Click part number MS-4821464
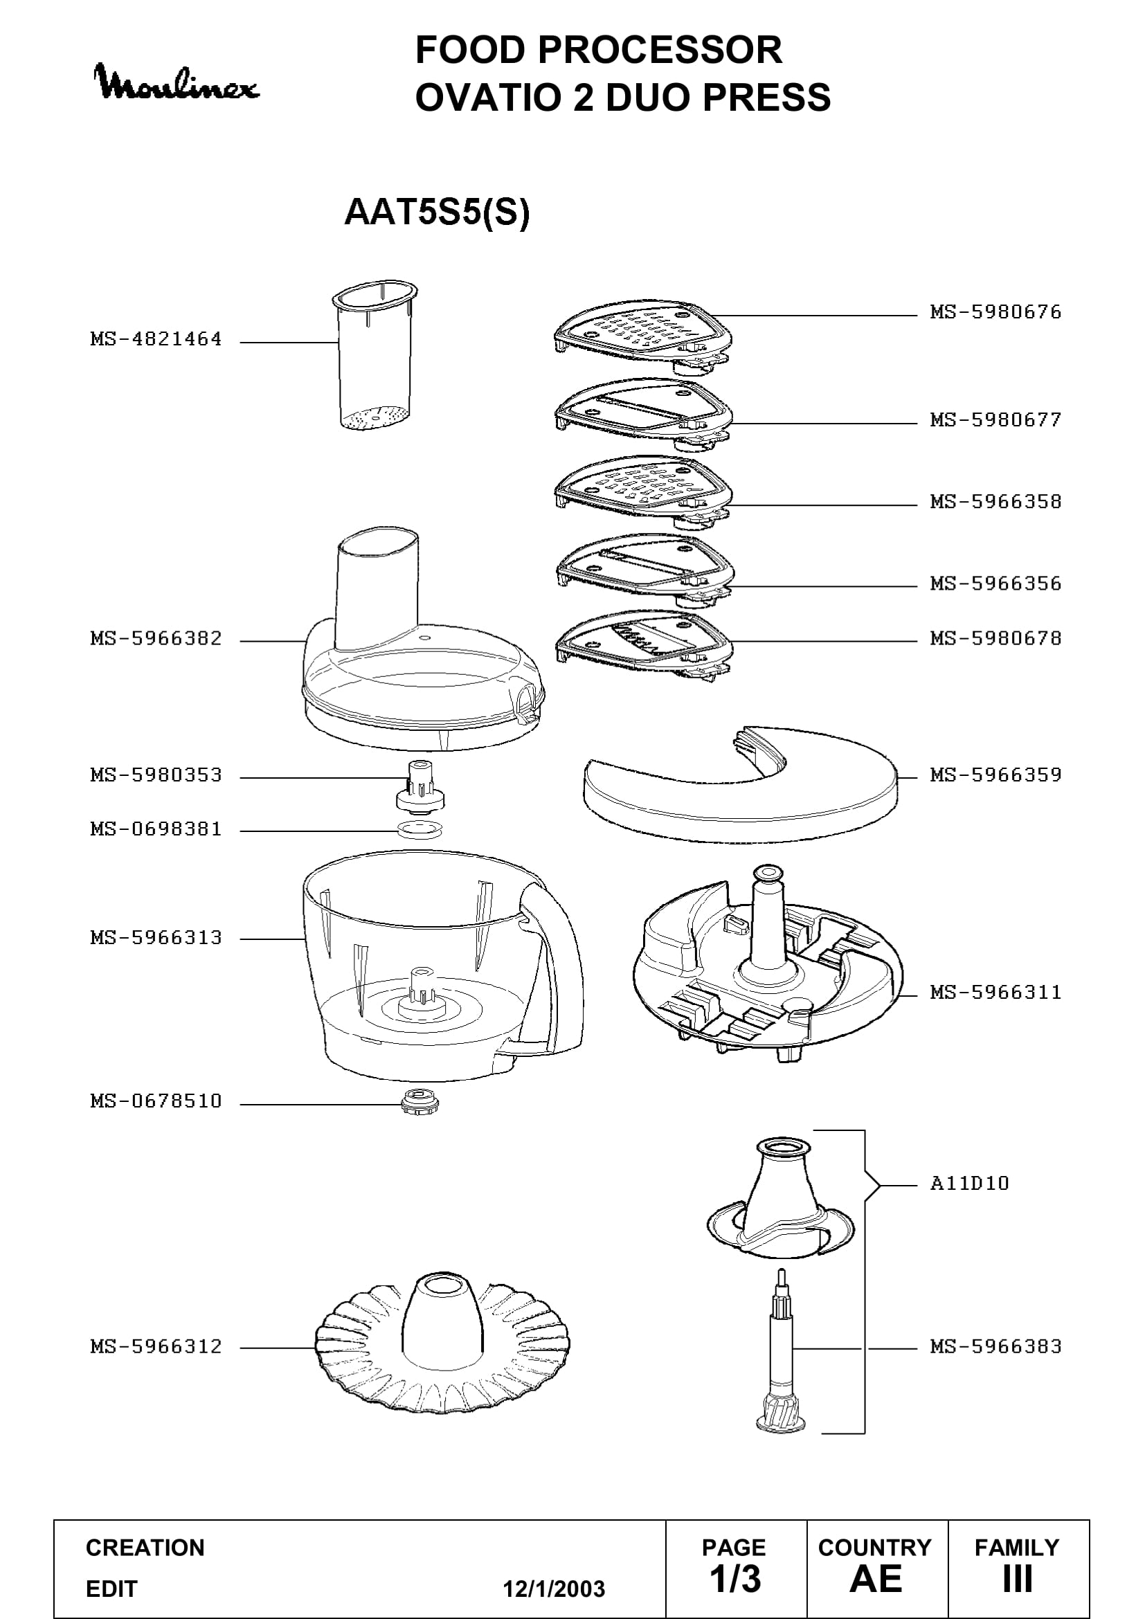tap(156, 339)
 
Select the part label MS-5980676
tap(995, 311)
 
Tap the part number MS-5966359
tap(995, 775)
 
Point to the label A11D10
tap(969, 1183)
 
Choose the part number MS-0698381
tap(156, 829)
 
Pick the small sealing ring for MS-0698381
tap(420, 829)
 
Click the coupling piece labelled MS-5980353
tap(421, 785)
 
